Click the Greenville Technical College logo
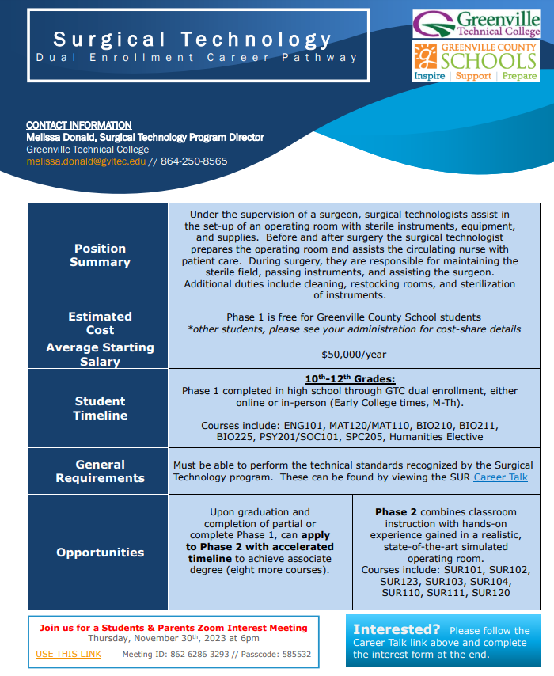(476, 24)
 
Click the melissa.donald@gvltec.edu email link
(86, 161)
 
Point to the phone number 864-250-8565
(194, 161)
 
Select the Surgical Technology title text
(193, 40)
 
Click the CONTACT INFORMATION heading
(79, 125)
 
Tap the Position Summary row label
(100, 255)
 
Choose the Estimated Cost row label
(100, 323)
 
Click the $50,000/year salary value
(354, 355)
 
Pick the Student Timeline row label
(100, 408)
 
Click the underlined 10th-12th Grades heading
(350, 378)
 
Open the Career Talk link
(500, 477)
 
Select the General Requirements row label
(100, 471)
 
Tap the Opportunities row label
(100, 553)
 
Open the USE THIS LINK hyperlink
(69, 654)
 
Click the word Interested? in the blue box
(397, 630)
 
